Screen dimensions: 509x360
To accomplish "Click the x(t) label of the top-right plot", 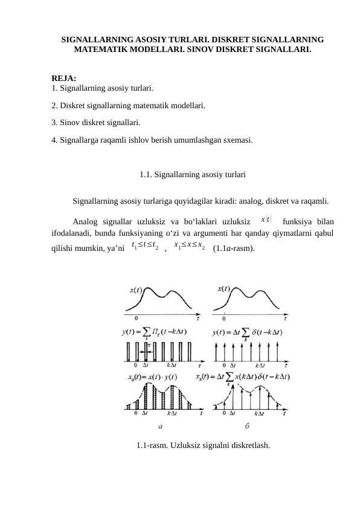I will coord(223,289).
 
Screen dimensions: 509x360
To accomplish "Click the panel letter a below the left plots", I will coord(159,426).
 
